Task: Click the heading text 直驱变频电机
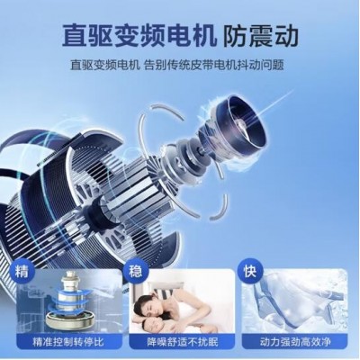[139, 35]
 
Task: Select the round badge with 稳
[136, 271]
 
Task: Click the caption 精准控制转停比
[68, 341]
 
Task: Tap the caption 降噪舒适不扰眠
[182, 341]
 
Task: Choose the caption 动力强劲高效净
[295, 341]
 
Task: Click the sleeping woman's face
[151, 305]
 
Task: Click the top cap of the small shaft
[68, 275]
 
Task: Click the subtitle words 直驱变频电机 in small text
[104, 65]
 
